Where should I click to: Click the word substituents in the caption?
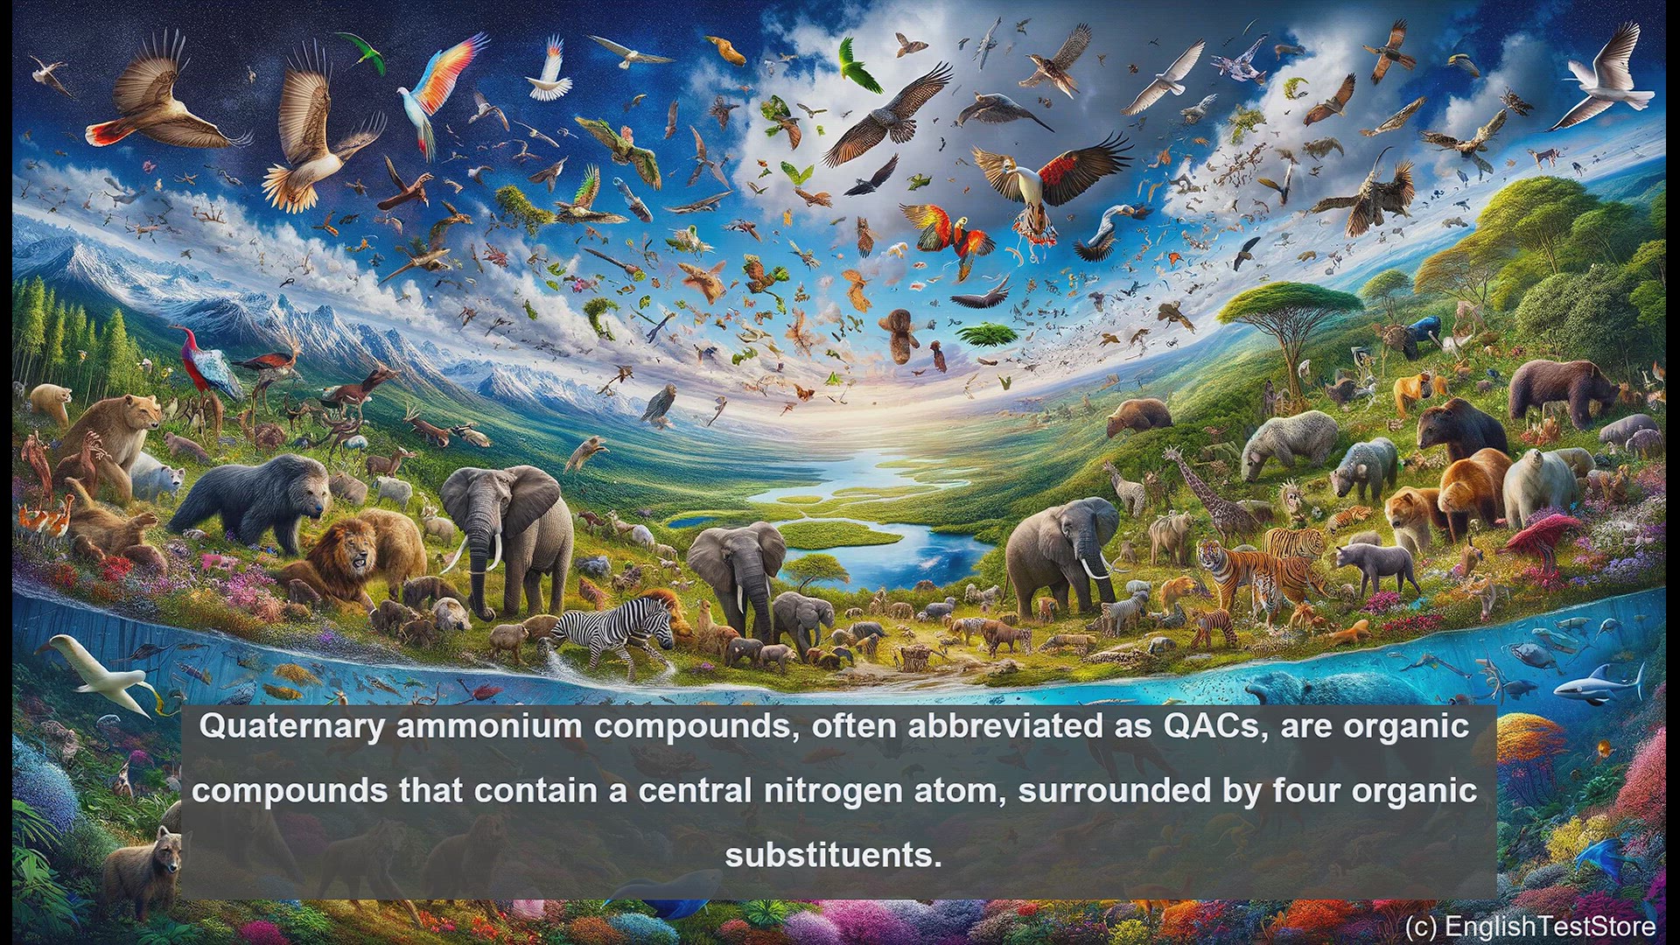click(x=833, y=855)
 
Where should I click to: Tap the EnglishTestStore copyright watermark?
click(x=1530, y=926)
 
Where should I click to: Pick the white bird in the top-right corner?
click(x=1610, y=79)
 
